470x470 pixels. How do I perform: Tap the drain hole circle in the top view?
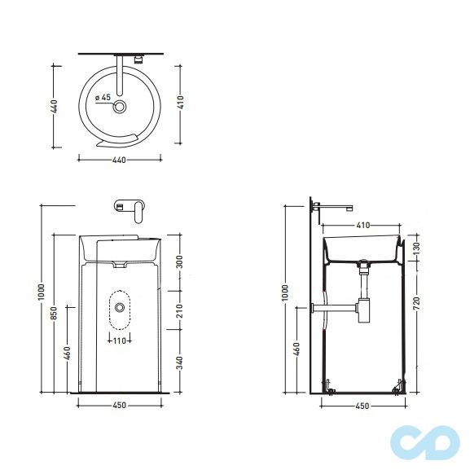coord(121,107)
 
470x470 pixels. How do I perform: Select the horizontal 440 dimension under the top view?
coord(119,160)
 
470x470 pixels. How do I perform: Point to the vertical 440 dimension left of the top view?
coord(54,106)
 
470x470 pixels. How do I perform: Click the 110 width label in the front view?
coord(121,340)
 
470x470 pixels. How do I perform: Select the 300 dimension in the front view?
coord(179,261)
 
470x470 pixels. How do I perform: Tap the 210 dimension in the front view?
coord(179,310)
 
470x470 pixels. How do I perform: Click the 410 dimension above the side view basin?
coord(362,224)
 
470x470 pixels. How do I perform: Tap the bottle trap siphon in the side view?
coord(363,310)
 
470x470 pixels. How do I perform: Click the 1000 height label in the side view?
coord(285,292)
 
